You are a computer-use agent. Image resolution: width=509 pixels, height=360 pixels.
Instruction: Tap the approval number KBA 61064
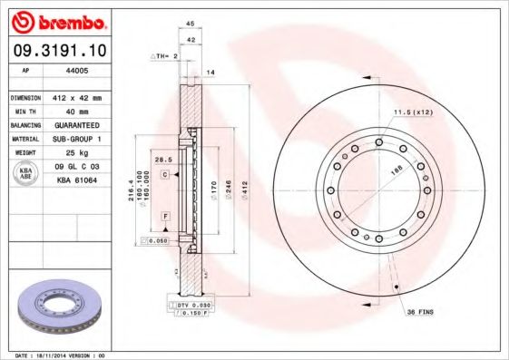click(x=77, y=180)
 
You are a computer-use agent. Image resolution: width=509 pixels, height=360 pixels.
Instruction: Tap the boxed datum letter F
click(x=166, y=215)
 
